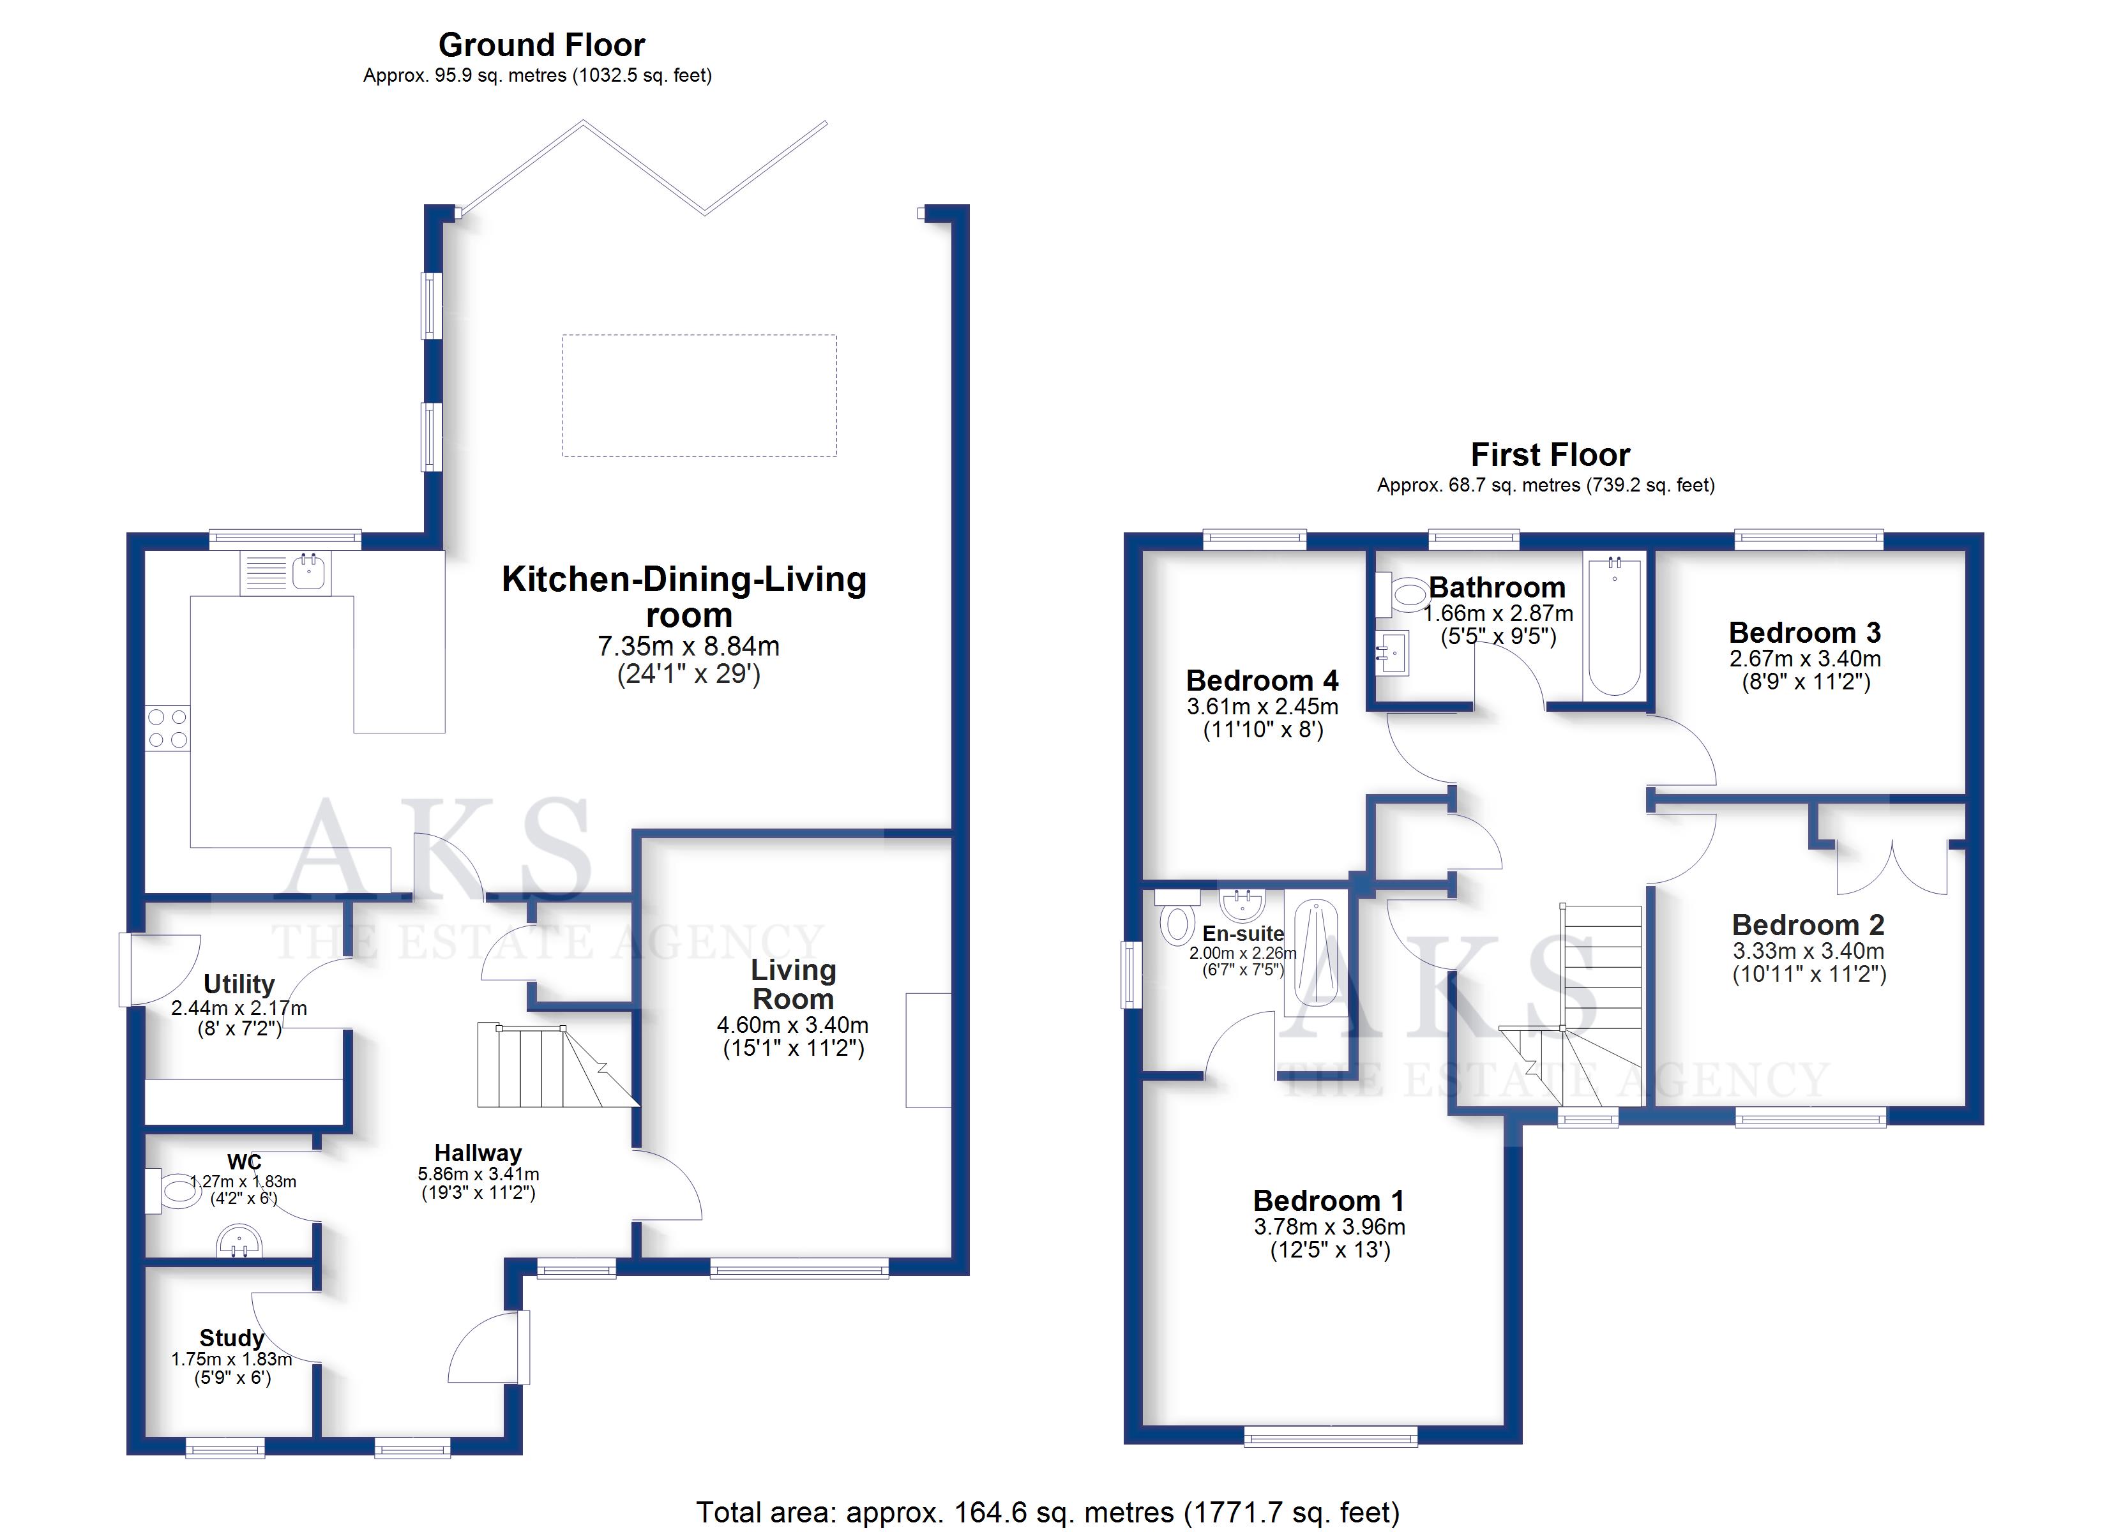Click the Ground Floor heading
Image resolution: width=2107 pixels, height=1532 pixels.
click(541, 45)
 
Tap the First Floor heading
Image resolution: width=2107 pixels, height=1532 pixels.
click(1550, 454)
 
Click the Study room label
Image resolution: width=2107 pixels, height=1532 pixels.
click(232, 1338)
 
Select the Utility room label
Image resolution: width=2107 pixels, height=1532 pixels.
click(239, 984)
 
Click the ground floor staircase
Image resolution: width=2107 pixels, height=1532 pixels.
click(557, 1065)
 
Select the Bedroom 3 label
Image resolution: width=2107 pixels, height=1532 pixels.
click(1804, 633)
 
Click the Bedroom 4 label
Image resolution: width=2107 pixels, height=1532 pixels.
click(1262, 681)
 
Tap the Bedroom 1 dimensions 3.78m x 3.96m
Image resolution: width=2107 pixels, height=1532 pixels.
click(1329, 1226)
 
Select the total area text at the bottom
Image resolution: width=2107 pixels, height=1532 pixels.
click(1048, 1512)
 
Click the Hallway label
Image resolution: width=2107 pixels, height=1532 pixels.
click(478, 1153)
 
